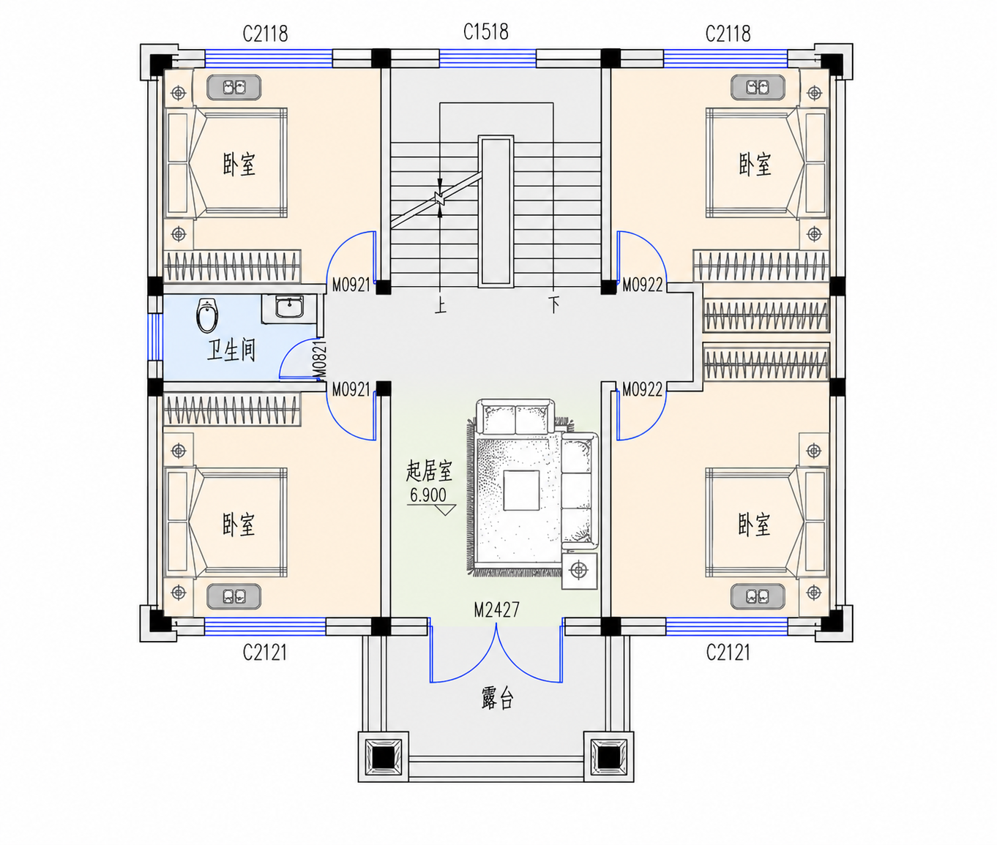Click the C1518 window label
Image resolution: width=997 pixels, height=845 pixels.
[486, 31]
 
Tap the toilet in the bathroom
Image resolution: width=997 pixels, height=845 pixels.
[207, 316]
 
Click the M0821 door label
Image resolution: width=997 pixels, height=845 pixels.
[320, 359]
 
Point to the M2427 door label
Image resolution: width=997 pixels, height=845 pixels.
[497, 609]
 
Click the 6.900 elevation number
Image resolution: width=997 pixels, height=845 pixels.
[427, 495]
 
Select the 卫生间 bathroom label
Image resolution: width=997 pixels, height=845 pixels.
[231, 350]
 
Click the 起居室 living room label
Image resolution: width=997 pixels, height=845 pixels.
[429, 471]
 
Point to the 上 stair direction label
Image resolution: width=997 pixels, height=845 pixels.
[441, 305]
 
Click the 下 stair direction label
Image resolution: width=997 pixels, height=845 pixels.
[553, 305]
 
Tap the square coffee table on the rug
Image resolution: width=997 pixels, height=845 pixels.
[521, 489]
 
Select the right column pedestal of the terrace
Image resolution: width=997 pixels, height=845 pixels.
[609, 756]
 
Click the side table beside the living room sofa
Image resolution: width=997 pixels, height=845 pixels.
[579, 571]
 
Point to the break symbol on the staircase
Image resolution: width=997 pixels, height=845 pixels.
[439, 198]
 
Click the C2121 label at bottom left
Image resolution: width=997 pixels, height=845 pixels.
[265, 652]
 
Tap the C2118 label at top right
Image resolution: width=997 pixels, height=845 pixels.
[728, 34]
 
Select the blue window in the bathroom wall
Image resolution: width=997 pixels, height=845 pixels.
[155, 337]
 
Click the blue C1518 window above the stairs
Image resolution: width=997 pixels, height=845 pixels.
[488, 58]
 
